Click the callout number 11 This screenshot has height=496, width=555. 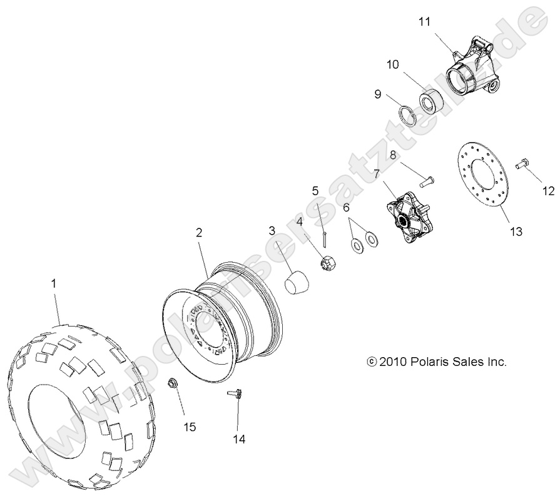425,22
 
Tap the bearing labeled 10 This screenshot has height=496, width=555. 430,101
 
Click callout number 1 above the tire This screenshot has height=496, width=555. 53,283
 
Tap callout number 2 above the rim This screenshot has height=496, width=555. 199,232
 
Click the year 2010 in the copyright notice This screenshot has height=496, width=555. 393,362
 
